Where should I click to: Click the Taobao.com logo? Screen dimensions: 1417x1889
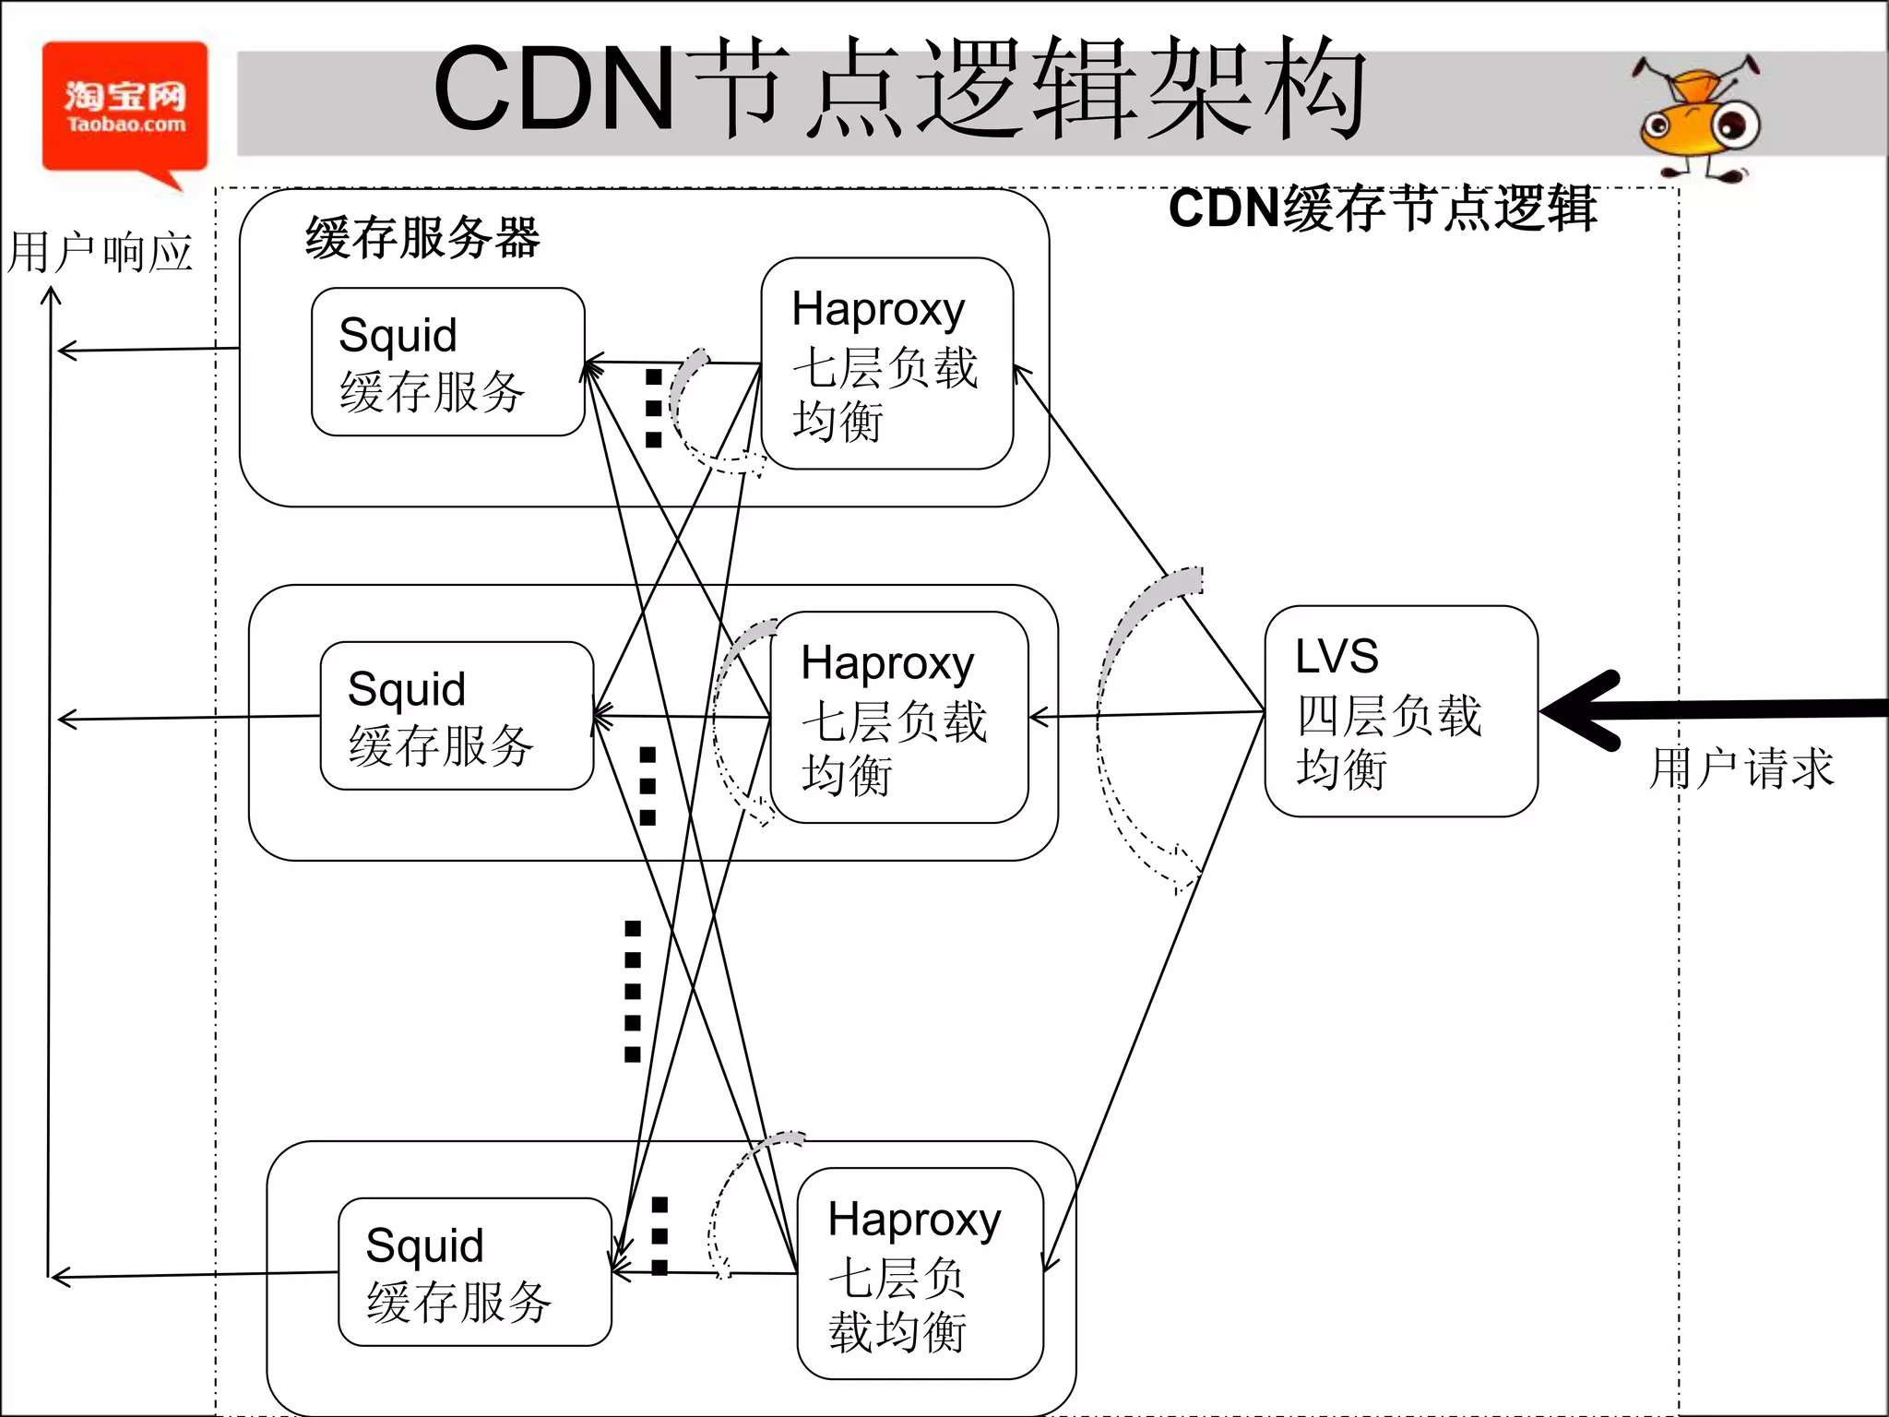[x=125, y=109]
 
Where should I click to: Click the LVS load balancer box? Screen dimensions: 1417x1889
[x=1400, y=711]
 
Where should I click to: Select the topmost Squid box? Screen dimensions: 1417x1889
[x=447, y=362]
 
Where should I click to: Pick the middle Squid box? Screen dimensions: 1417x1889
[x=457, y=716]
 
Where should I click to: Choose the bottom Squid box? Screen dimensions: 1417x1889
[x=474, y=1272]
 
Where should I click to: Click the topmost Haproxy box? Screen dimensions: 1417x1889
[x=886, y=363]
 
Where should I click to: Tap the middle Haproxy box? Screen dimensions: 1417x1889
[x=898, y=717]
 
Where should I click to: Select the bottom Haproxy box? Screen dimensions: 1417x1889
[x=920, y=1273]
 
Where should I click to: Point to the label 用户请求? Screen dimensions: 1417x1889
[x=1740, y=768]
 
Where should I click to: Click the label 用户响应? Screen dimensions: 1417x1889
[x=100, y=253]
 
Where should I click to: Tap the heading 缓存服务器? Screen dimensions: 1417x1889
[x=422, y=238]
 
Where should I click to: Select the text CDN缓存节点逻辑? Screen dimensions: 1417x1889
[x=1382, y=208]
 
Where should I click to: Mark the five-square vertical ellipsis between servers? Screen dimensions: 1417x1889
[x=633, y=991]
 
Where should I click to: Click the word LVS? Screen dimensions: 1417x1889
[x=1337, y=657]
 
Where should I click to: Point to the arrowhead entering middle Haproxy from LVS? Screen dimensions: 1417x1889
[x=1038, y=717]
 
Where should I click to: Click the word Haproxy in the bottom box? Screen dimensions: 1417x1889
[x=913, y=1221]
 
